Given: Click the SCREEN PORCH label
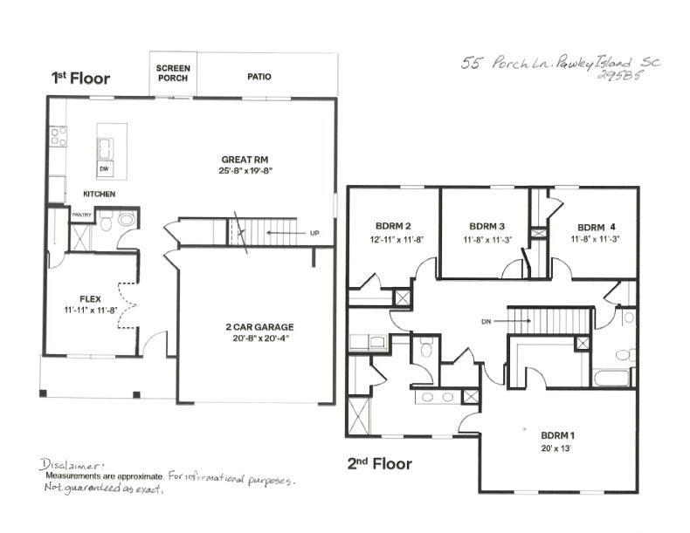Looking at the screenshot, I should [x=172, y=72].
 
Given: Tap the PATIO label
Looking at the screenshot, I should [x=259, y=77].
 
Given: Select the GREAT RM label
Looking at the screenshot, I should [x=238, y=159].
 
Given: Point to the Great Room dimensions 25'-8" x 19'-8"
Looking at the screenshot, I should [x=238, y=172].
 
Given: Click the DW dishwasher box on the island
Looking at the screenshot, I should [x=104, y=168].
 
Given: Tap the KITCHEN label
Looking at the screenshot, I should [x=100, y=194].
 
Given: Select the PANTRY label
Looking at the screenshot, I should [x=81, y=214].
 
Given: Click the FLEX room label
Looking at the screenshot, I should [x=91, y=297].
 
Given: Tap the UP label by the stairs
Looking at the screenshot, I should [x=314, y=234].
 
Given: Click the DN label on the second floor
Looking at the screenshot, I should [x=486, y=321].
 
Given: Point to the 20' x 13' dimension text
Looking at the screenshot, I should [x=557, y=448].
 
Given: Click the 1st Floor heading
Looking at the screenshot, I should [x=80, y=78].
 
